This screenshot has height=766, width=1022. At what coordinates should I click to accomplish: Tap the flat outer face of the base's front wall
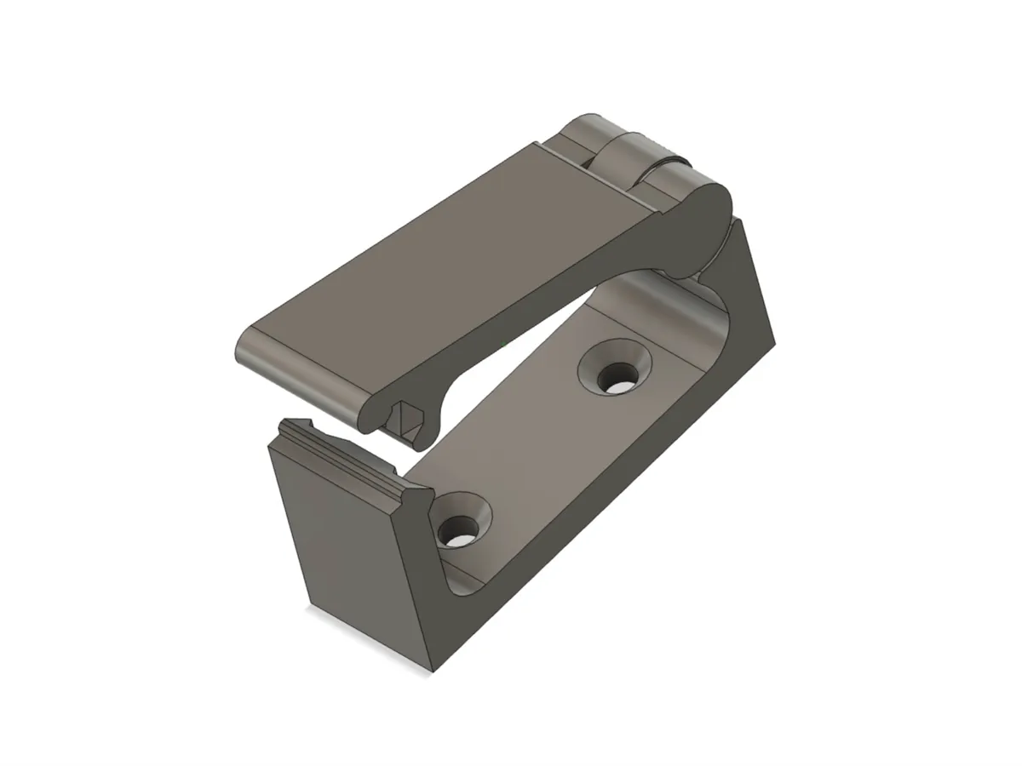point(341,545)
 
